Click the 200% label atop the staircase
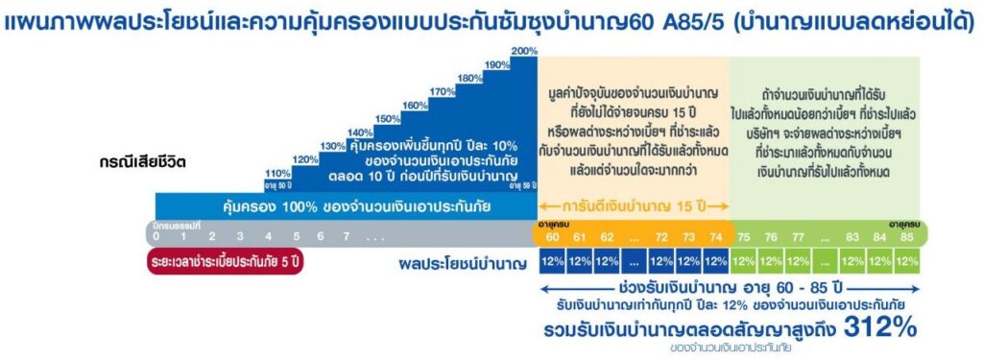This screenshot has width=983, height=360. pyautogui.click(x=524, y=51)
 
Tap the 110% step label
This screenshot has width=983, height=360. pyautogui.click(x=276, y=173)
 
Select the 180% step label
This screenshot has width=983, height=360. pyautogui.click(x=470, y=79)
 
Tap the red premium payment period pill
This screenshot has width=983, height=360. pyautogui.click(x=226, y=260)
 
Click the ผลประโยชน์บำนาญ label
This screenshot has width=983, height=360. pyautogui.click(x=464, y=261)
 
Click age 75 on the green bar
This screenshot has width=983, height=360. pyautogui.click(x=744, y=235)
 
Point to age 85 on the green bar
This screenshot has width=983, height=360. pyautogui.click(x=907, y=235)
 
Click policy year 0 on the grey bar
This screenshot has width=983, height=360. pyautogui.click(x=156, y=235)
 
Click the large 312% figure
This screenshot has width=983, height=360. pyautogui.click(x=880, y=327)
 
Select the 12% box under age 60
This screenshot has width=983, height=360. pyautogui.click(x=551, y=261)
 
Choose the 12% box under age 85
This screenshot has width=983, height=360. pyautogui.click(x=907, y=261)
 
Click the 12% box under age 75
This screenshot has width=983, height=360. pyautogui.click(x=744, y=261)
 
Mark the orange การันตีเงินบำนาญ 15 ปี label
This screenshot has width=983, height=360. pyautogui.click(x=635, y=204)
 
